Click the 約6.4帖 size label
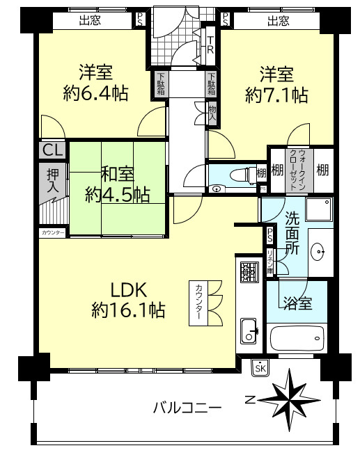[x=95, y=94]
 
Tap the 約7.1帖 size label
[x=276, y=94]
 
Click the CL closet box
[x=53, y=150]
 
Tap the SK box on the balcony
[x=260, y=368]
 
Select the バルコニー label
[x=187, y=408]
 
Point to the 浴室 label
[x=297, y=303]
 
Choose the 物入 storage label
[x=212, y=113]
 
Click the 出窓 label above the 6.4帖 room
[x=89, y=21]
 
